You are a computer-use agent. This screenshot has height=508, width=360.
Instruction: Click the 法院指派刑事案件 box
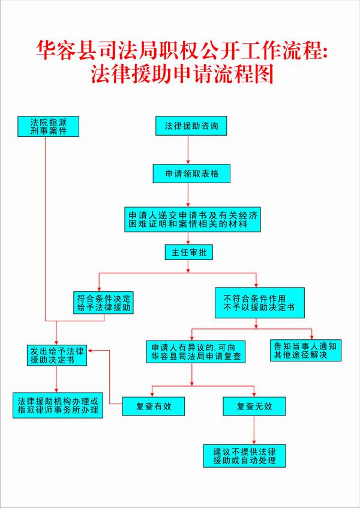[49, 126]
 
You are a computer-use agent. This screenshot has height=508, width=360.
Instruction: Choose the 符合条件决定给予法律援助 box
[104, 303]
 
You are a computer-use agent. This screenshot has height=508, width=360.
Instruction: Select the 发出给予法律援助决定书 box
[56, 355]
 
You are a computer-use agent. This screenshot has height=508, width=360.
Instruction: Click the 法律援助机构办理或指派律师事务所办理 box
[57, 405]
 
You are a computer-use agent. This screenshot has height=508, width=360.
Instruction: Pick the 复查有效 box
[154, 406]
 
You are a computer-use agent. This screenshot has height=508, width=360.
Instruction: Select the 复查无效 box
[255, 406]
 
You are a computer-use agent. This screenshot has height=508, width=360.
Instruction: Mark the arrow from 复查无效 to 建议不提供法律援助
[255, 430]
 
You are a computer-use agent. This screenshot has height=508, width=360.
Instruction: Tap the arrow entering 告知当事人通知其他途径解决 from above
[311, 335]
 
